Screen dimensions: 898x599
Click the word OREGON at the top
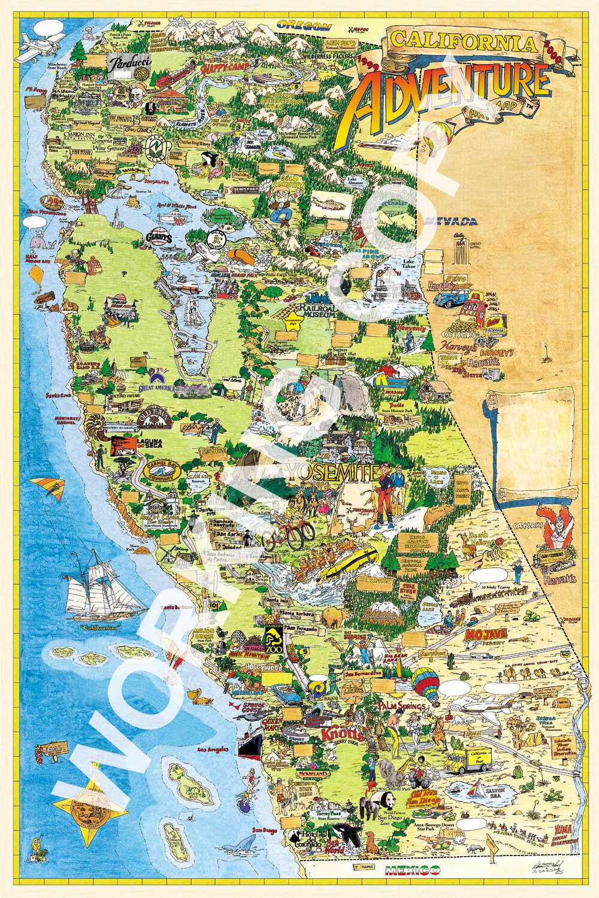click(304, 26)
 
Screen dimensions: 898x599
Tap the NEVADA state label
click(451, 221)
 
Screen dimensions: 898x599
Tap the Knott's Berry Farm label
click(343, 734)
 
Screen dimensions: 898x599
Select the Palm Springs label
click(401, 706)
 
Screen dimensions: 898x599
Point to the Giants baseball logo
click(159, 238)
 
